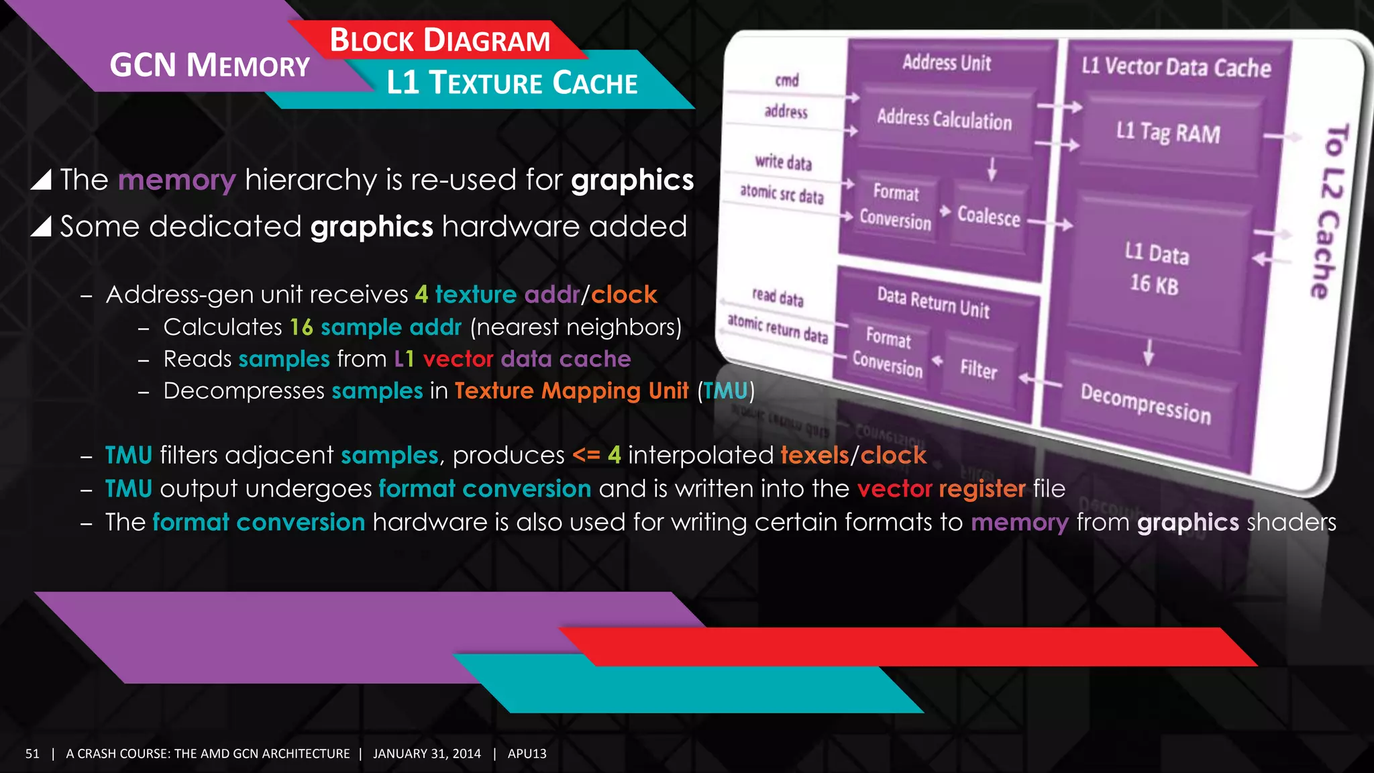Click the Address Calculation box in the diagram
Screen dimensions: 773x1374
click(944, 119)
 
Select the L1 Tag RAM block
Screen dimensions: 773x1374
click(1167, 132)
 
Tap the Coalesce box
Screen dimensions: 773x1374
click(988, 216)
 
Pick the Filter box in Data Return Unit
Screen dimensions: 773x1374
click(978, 369)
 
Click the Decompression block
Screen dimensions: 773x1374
click(1146, 404)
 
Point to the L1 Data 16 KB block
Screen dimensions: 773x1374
click(1155, 269)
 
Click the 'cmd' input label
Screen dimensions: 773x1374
click(787, 81)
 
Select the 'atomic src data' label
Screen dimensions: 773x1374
click(782, 194)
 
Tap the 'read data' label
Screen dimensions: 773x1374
click(778, 297)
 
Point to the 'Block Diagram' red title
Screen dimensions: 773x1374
click(440, 40)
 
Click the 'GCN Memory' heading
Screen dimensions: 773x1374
click(209, 66)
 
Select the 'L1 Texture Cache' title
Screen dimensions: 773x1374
click(512, 83)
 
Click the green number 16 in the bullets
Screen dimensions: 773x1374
click(301, 327)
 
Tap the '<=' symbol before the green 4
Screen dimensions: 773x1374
click(586, 455)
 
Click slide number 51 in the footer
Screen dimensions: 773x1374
click(32, 754)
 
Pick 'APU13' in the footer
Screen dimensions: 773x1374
click(527, 754)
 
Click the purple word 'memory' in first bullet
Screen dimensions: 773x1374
click(176, 181)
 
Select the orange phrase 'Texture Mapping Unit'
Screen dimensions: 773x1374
click(572, 391)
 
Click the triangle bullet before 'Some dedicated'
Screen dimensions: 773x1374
click(41, 227)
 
